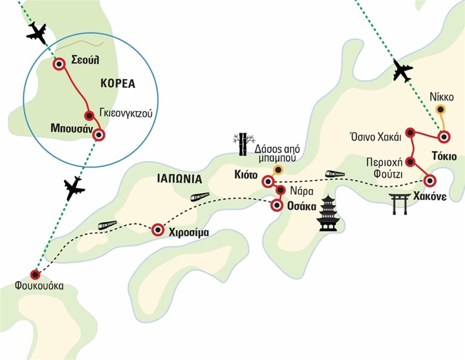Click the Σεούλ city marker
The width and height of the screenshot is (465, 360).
point(59,65)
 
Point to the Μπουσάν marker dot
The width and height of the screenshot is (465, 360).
point(99,134)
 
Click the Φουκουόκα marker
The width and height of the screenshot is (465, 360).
point(35,275)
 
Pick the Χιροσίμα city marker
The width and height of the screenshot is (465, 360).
point(157,230)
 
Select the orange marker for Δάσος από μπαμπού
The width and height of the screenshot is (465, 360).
point(278,170)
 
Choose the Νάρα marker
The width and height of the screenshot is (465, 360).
point(280,190)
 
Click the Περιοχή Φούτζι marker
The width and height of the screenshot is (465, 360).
point(410,161)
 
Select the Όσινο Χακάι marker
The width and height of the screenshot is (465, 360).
point(410,133)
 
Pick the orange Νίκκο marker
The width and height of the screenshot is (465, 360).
point(441,109)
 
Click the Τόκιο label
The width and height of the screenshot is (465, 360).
point(441,155)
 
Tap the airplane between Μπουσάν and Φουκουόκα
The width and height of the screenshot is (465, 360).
point(74,188)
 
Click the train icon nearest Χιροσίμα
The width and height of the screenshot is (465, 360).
point(108,225)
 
